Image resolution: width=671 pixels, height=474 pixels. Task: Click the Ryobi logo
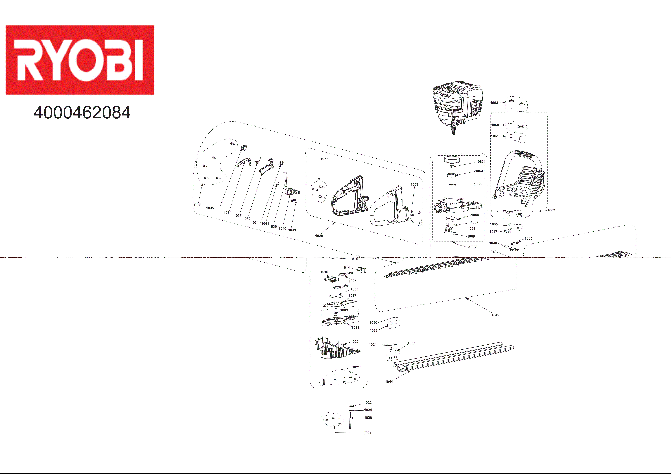pos(80,60)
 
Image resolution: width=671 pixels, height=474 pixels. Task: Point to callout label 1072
pos(324,159)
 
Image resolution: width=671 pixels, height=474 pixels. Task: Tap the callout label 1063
pos(480,162)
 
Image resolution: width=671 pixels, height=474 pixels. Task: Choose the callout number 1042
pos(495,315)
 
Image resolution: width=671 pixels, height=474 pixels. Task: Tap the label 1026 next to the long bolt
pos(368,418)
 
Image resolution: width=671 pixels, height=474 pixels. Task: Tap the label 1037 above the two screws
pos(411,343)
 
